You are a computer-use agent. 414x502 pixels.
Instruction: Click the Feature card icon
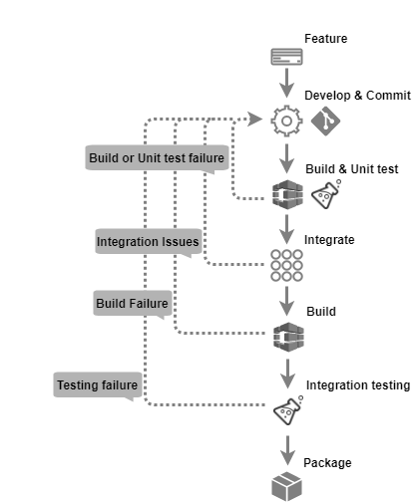[286, 57]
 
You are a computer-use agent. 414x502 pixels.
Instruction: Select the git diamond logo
[325, 121]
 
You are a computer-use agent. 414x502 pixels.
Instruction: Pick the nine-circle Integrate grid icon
[286, 266]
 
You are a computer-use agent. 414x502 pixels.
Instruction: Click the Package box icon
[286, 487]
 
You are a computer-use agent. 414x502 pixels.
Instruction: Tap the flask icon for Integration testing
[288, 410]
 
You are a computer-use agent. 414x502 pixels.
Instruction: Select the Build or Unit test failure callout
[157, 158]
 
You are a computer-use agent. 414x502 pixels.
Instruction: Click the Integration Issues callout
[149, 242]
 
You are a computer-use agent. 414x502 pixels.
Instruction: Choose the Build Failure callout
[133, 304]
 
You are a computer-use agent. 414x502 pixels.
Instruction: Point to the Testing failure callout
[98, 385]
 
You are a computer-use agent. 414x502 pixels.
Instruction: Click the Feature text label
[326, 39]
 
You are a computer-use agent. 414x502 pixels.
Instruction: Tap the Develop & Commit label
[357, 96]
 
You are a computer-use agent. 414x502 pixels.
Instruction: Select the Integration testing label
[358, 385]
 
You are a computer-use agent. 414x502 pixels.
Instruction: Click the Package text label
[327, 463]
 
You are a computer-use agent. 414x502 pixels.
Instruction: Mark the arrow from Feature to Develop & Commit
[286, 83]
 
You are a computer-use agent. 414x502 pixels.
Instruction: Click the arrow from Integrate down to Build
[286, 301]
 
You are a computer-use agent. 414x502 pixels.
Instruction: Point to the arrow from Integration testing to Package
[287, 450]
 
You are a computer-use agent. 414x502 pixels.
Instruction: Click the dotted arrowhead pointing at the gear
[255, 120]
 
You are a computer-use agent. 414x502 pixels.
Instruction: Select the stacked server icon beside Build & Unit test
[287, 194]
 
